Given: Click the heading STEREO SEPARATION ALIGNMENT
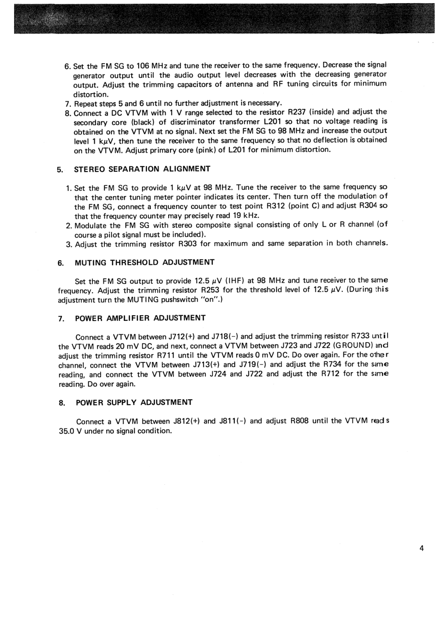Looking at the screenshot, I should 142,169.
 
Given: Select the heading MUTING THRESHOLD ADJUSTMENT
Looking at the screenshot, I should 145,262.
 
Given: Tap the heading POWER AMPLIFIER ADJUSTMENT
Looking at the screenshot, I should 141,318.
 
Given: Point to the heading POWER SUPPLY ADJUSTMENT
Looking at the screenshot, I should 135,402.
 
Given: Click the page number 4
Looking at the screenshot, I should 421,548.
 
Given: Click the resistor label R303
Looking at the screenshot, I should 188,244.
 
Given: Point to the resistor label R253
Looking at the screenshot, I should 211,290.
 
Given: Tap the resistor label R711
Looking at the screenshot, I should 166,355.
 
